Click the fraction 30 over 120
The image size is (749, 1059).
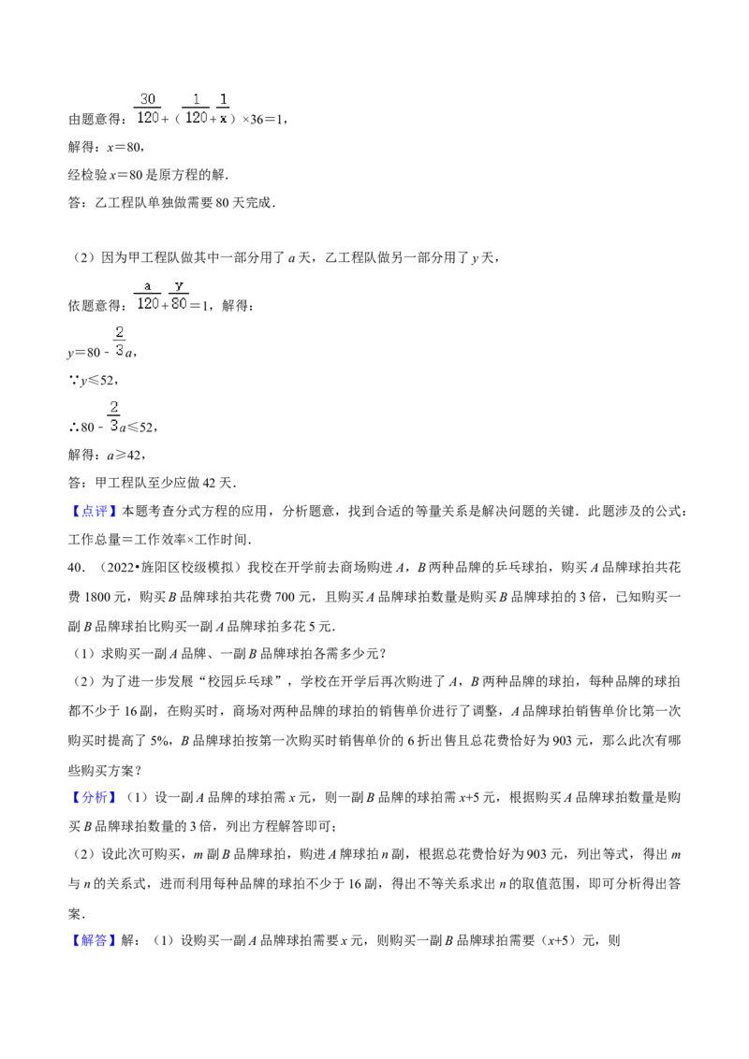pos(148,109)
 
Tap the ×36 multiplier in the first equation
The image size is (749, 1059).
pos(253,120)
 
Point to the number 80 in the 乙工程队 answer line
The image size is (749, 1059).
pos(223,203)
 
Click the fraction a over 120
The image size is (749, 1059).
pos(148,295)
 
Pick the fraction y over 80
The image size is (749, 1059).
pos(179,295)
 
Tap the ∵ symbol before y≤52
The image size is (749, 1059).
pos(74,381)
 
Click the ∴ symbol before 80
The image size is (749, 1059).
pos(74,427)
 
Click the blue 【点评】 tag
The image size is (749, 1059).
pos(94,512)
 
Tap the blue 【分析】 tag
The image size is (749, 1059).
pos(94,798)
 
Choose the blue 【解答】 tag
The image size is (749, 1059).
pos(94,940)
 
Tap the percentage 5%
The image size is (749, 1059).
pos(159,741)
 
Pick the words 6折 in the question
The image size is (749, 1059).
pos(419,741)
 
